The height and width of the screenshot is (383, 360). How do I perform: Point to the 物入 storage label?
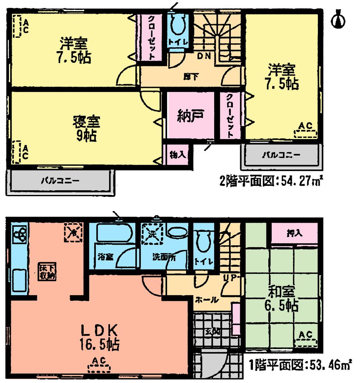coord(177,155)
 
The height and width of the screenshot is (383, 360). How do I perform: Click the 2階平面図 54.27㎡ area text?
coord(270,180)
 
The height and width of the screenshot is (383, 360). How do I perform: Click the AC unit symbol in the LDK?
coord(99,366)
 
